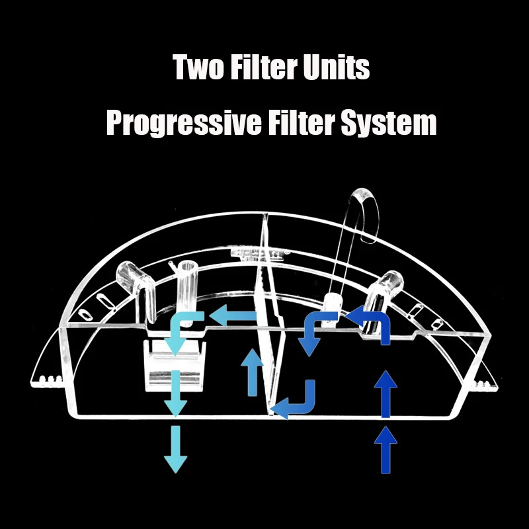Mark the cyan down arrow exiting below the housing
click(175, 450)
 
